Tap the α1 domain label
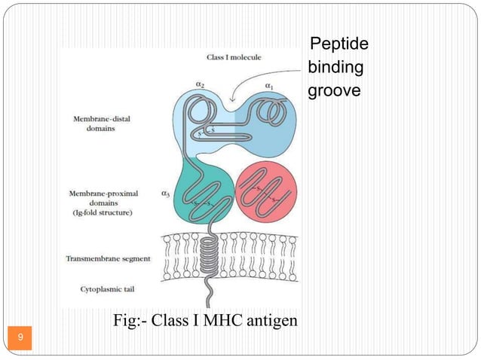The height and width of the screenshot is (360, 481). (269, 87)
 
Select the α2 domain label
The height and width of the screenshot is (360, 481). (200, 85)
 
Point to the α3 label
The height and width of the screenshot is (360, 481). (165, 194)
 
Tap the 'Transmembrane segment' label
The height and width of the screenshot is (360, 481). (108, 258)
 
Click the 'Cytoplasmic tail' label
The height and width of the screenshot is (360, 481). (105, 288)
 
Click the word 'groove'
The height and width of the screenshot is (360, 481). (335, 90)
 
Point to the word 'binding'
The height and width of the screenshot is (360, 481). (335, 69)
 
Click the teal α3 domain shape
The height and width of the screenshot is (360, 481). (196, 192)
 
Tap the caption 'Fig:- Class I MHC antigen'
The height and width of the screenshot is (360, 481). (205, 322)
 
